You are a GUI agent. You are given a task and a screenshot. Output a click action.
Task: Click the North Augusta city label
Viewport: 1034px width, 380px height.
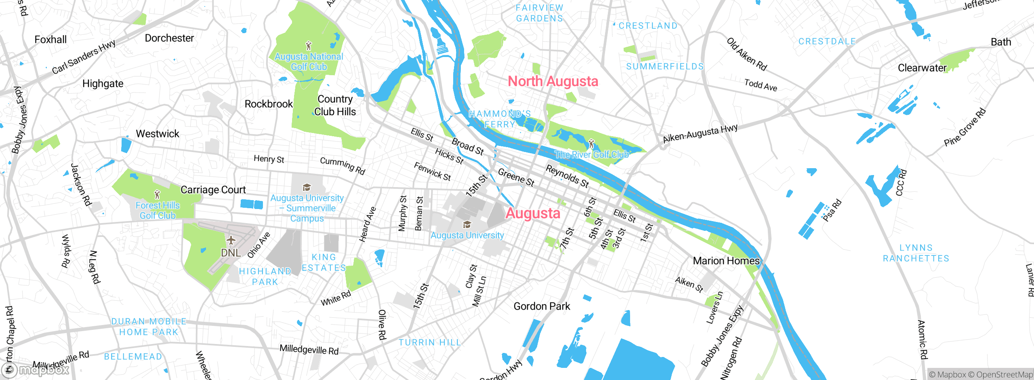pyautogui.click(x=553, y=81)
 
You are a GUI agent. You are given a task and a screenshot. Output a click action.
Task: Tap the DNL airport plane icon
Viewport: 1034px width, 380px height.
pyautogui.click(x=231, y=241)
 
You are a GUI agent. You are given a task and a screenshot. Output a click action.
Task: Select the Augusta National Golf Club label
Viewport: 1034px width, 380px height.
pyautogui.click(x=309, y=62)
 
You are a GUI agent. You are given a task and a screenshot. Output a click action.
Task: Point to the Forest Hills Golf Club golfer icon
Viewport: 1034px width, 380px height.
pyautogui.click(x=157, y=194)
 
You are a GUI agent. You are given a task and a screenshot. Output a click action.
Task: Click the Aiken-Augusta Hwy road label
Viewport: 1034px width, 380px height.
pyautogui.click(x=700, y=133)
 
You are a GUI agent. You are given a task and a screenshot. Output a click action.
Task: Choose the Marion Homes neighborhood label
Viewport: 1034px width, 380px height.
pyautogui.click(x=726, y=261)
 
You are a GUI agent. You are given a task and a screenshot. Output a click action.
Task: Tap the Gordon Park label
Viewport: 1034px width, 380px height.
pyautogui.click(x=542, y=306)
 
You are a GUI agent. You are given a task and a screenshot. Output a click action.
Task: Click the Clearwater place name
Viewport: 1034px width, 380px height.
pyautogui.click(x=922, y=68)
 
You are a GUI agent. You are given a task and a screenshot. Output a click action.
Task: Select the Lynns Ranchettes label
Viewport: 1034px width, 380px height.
pyautogui.click(x=916, y=253)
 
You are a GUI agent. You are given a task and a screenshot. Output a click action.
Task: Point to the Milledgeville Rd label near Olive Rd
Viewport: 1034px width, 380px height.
pyautogui.click(x=309, y=350)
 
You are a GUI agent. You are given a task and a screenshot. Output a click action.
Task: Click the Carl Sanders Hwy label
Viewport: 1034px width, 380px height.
pyautogui.click(x=84, y=57)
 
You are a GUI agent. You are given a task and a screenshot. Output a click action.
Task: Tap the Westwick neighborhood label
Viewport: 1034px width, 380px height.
pyautogui.click(x=158, y=134)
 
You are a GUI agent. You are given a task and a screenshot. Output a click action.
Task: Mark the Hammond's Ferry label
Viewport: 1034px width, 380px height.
pyautogui.click(x=500, y=119)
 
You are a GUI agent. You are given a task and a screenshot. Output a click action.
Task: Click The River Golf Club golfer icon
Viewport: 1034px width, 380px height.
pyautogui.click(x=591, y=144)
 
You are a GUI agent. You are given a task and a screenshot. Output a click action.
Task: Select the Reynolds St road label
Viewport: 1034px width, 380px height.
pyautogui.click(x=567, y=176)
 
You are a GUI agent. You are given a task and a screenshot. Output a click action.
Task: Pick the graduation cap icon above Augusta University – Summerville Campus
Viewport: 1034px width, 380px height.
pyautogui.click(x=307, y=187)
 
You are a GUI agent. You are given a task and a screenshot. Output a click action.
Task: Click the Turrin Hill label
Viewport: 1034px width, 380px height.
pyautogui.click(x=430, y=343)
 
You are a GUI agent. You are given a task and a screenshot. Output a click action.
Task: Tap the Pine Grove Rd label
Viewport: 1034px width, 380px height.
pyautogui.click(x=965, y=128)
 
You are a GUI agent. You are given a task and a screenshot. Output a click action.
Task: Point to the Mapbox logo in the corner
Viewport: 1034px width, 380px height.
pyautogui.click(x=36, y=370)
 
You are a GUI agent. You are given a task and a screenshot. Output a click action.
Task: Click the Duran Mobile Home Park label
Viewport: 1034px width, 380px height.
pyautogui.click(x=149, y=327)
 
